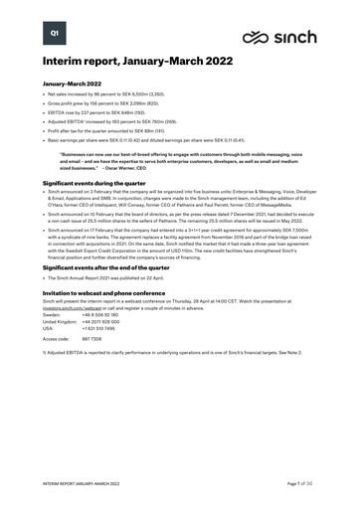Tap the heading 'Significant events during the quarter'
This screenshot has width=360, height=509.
pyautogui.click(x=101, y=184)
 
